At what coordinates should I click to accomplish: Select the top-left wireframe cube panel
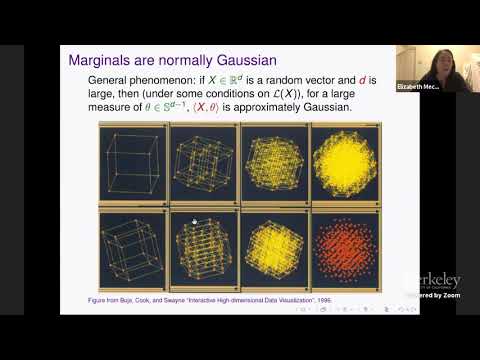(x=134, y=164)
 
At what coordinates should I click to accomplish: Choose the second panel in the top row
(x=204, y=164)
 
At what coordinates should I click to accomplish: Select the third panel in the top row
(x=274, y=164)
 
